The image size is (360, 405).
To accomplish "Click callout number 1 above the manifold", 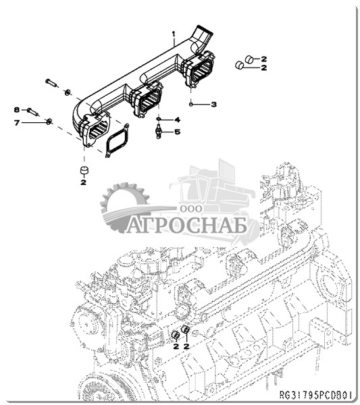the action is [174, 34].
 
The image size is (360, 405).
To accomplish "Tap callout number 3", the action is [213, 105].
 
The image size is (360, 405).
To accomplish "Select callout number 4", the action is [177, 120].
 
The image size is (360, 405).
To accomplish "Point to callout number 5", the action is [177, 132].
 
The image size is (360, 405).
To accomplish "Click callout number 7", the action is [17, 122].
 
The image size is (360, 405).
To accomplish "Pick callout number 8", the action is [17, 110].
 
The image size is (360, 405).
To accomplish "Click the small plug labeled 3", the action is [190, 104].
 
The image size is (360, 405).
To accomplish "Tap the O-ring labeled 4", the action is [159, 119].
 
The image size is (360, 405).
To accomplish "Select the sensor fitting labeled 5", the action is [157, 131].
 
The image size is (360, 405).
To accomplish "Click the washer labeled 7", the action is [49, 121].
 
